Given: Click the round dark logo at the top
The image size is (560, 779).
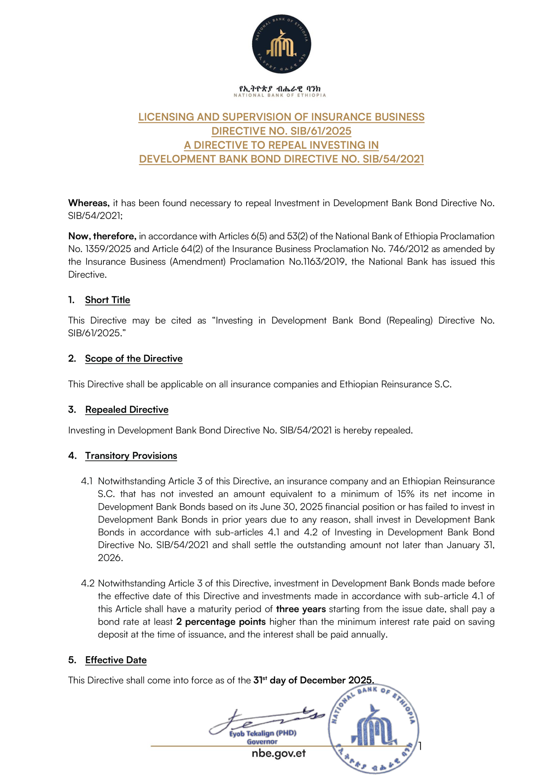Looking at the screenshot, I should coord(281,44).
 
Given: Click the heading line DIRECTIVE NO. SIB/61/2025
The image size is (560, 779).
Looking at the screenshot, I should coord(281,131).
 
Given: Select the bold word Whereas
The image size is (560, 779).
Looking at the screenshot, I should coord(89,203).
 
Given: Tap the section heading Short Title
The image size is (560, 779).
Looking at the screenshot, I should coord(107,300).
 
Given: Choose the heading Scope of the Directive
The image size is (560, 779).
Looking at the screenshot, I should coord(134,359).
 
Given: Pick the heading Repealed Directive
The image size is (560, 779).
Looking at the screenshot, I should coord(127,410).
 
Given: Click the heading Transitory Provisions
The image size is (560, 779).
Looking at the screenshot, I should coord(131,456).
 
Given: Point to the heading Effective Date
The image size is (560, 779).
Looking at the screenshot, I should coord(116,660).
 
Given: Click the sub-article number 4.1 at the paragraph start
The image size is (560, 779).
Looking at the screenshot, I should coord(87,481).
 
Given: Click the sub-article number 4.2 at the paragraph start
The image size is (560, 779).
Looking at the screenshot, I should coord(87,583).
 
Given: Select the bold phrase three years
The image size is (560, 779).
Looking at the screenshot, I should coord(301,609).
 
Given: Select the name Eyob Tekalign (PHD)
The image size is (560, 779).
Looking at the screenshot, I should coord(262,733).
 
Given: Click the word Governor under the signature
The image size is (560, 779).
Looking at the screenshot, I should coord(262,741).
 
